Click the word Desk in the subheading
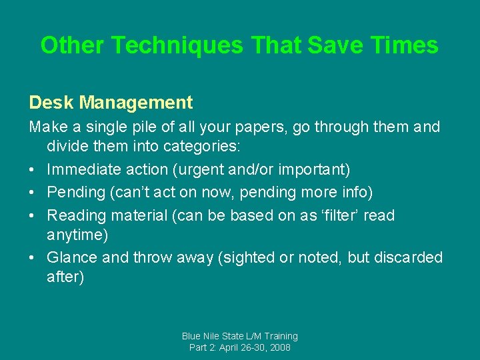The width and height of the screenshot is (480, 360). pyautogui.click(x=51, y=103)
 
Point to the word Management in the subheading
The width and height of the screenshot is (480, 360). pyautogui.click(x=136, y=103)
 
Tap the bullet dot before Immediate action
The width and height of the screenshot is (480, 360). pyautogui.click(x=33, y=170)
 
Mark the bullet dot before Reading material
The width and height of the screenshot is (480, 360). pyautogui.click(x=33, y=215)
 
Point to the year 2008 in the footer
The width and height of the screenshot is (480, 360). pyautogui.click(x=279, y=348)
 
